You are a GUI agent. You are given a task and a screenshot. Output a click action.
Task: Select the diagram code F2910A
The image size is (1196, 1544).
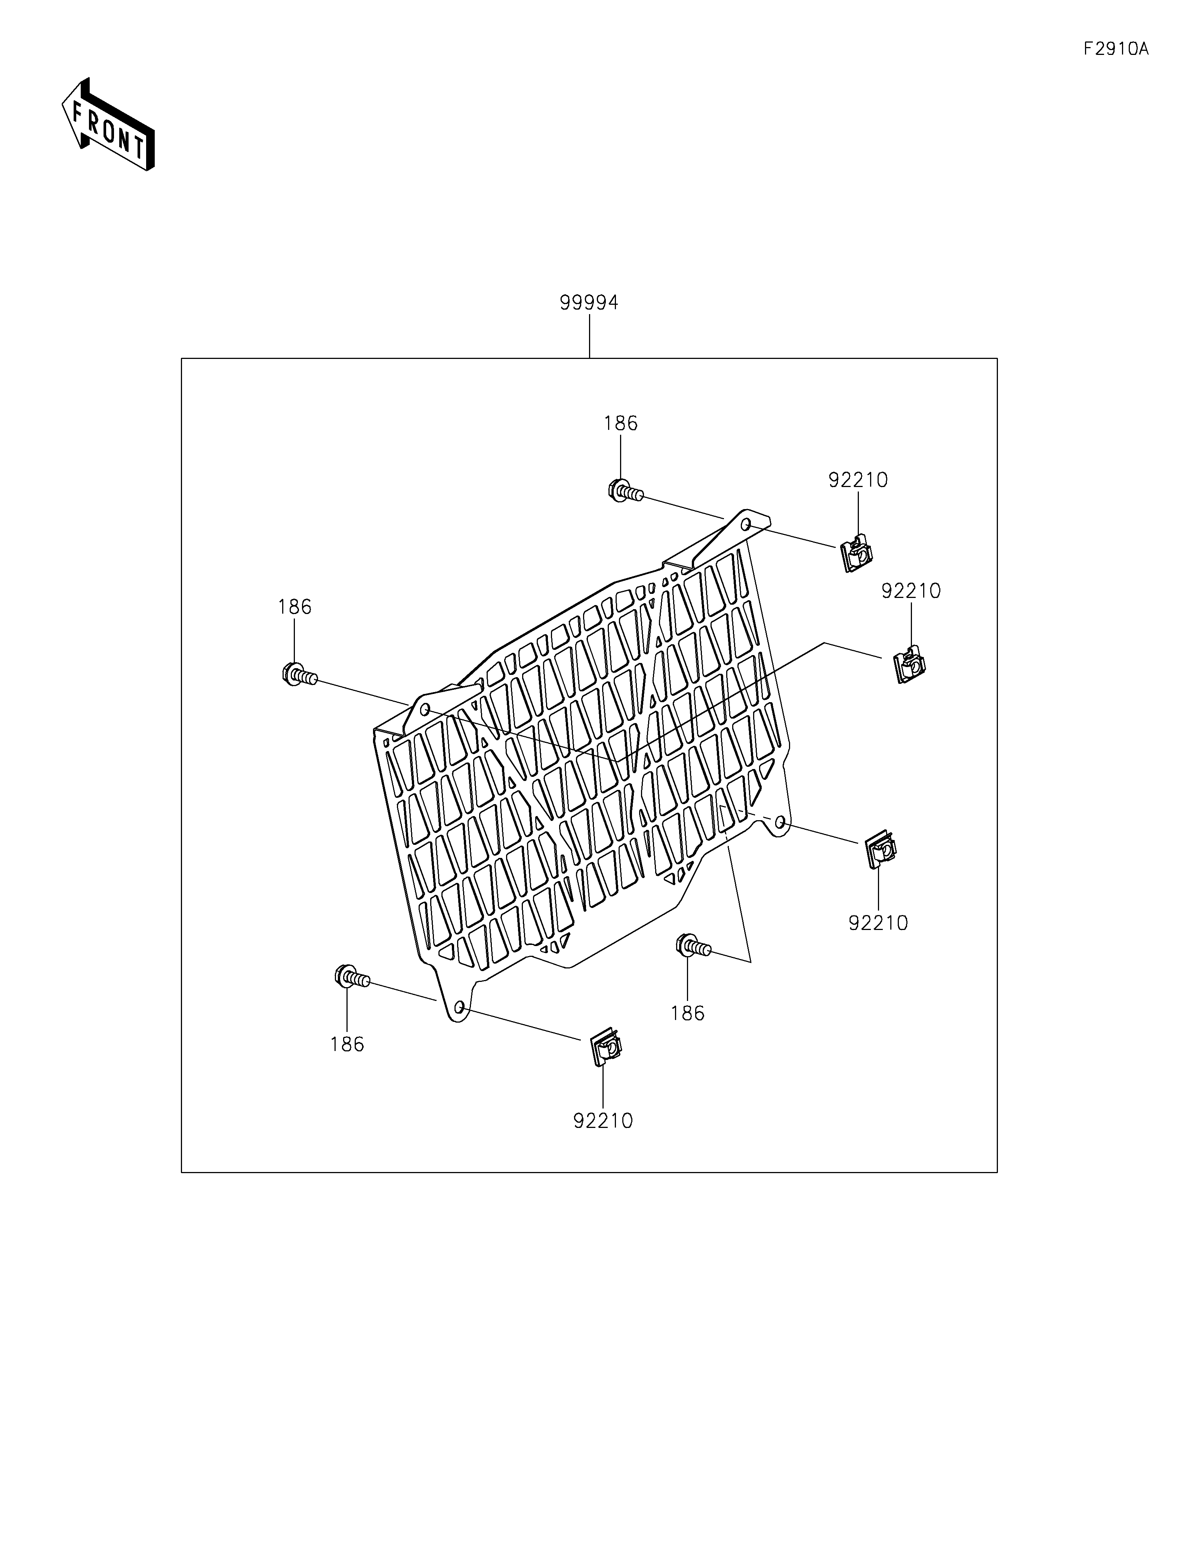click(1115, 49)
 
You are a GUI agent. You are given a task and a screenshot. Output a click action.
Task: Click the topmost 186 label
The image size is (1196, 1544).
click(620, 424)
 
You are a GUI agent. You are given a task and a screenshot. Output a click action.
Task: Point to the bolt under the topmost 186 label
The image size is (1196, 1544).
click(624, 491)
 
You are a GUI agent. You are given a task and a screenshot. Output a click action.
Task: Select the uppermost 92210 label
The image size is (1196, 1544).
click(857, 480)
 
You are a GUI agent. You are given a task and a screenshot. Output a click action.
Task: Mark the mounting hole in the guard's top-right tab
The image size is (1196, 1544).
click(746, 524)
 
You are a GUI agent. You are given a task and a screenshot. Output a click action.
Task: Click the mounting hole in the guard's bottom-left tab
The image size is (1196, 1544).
click(459, 1007)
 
